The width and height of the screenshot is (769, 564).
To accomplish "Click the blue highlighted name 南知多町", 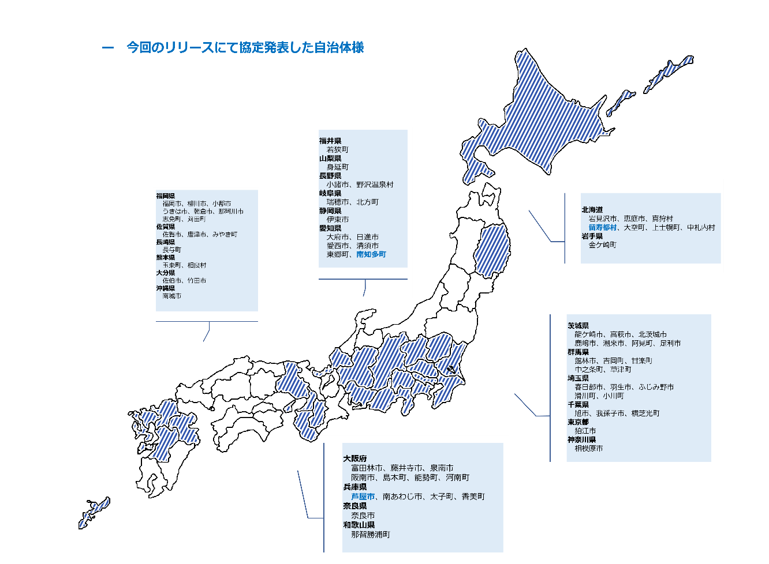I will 371,254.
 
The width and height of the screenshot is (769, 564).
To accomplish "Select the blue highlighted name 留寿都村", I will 602,228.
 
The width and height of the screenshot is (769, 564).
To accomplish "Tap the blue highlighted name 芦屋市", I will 363,497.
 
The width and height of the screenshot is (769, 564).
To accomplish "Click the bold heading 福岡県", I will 165,196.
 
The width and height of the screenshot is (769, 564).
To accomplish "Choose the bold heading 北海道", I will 592,210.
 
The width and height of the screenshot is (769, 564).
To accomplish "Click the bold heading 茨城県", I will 578,325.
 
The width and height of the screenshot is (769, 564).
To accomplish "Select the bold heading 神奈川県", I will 581,439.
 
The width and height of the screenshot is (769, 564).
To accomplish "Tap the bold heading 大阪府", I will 354,458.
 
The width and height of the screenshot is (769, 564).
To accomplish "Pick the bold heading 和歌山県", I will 359,525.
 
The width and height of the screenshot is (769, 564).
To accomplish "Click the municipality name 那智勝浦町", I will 370,535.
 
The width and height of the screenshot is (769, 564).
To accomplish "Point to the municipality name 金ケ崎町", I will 602,245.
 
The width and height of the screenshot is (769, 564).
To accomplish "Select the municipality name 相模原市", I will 588,448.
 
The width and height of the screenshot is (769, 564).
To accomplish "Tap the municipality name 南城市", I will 171,296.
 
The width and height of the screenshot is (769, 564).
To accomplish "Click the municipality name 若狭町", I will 337,150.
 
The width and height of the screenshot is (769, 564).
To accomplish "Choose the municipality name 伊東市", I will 337,220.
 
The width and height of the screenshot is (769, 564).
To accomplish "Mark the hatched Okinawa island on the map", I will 94,513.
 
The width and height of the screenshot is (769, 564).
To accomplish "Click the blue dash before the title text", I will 107,48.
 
